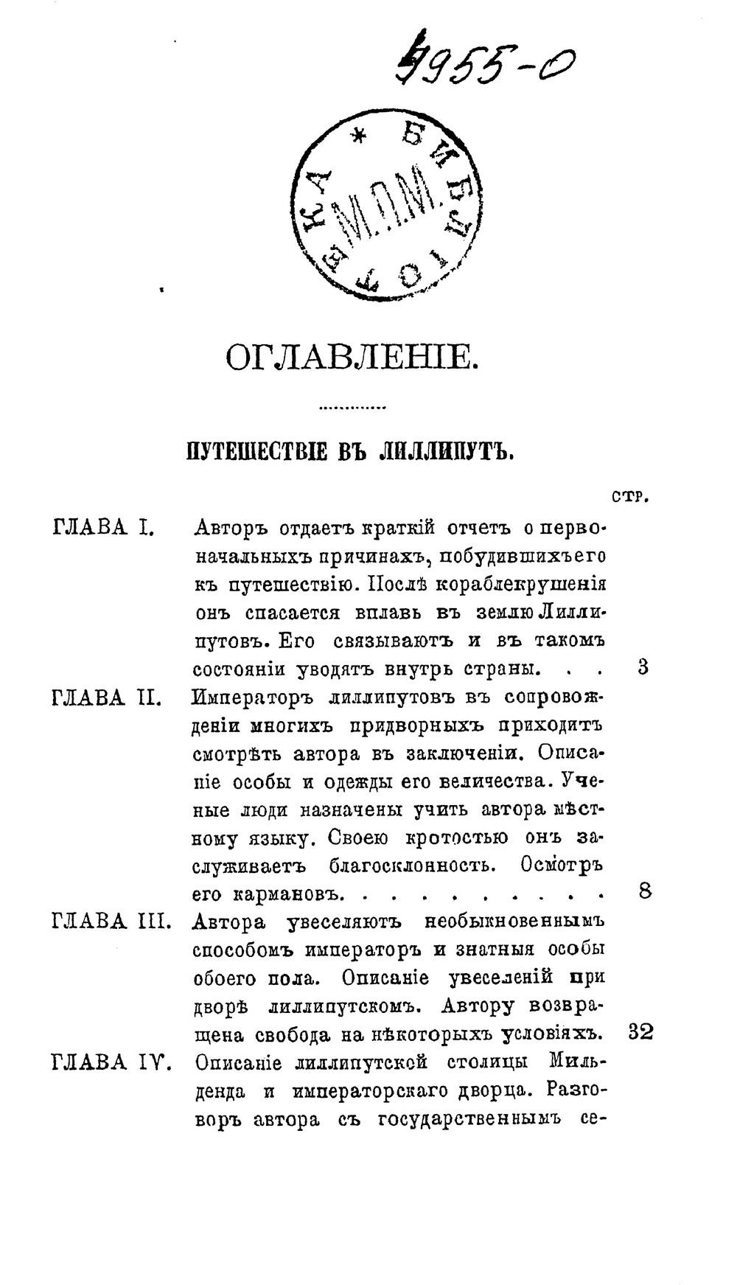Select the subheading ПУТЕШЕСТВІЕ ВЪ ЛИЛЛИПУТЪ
click(349, 450)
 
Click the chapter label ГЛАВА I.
click(103, 528)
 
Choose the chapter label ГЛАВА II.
click(108, 697)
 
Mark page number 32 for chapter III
click(640, 1032)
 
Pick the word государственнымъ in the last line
click(470, 1119)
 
